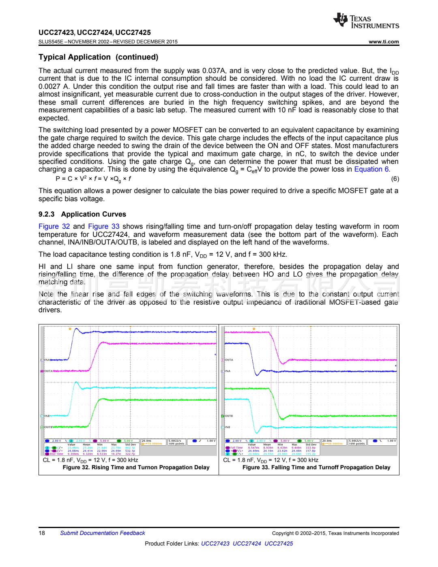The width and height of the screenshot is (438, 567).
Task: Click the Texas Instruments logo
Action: pyautogui.click(x=366, y=21)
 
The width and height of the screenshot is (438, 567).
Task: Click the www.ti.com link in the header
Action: pyautogui.click(x=384, y=42)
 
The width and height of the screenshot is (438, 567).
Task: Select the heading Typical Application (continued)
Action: pyautogui.click(x=99, y=57)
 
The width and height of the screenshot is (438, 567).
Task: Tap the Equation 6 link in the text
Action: pyautogui.click(x=371, y=170)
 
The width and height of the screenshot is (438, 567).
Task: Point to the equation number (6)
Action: pyautogui.click(x=395, y=179)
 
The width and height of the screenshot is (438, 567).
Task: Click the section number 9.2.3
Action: pyautogui.click(x=47, y=214)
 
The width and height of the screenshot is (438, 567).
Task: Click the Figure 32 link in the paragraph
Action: pyautogui.click(x=54, y=226)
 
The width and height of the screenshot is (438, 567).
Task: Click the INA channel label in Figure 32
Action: pyautogui.click(x=47, y=360)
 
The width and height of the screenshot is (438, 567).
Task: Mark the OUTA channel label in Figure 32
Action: pyautogui.click(x=48, y=371)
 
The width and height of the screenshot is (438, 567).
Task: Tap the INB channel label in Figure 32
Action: pyautogui.click(x=47, y=416)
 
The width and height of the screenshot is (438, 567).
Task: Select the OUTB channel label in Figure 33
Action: pyautogui.click(x=228, y=416)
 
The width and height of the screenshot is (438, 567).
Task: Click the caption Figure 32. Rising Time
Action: pyautogui.click(x=136, y=468)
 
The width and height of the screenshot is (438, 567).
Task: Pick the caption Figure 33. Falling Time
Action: pyautogui.click(x=316, y=468)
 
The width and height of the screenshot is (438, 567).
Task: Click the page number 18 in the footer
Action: pyautogui.click(x=42, y=533)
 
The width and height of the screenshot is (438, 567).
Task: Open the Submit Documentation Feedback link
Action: pyautogui.click(x=102, y=533)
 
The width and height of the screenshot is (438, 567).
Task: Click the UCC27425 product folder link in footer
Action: pyautogui.click(x=279, y=543)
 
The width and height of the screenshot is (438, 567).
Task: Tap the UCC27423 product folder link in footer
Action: pyautogui.click(x=215, y=543)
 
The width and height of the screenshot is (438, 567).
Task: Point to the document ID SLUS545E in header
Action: pyautogui.click(x=51, y=42)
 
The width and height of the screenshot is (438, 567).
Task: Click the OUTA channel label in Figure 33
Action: pyautogui.click(x=228, y=360)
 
